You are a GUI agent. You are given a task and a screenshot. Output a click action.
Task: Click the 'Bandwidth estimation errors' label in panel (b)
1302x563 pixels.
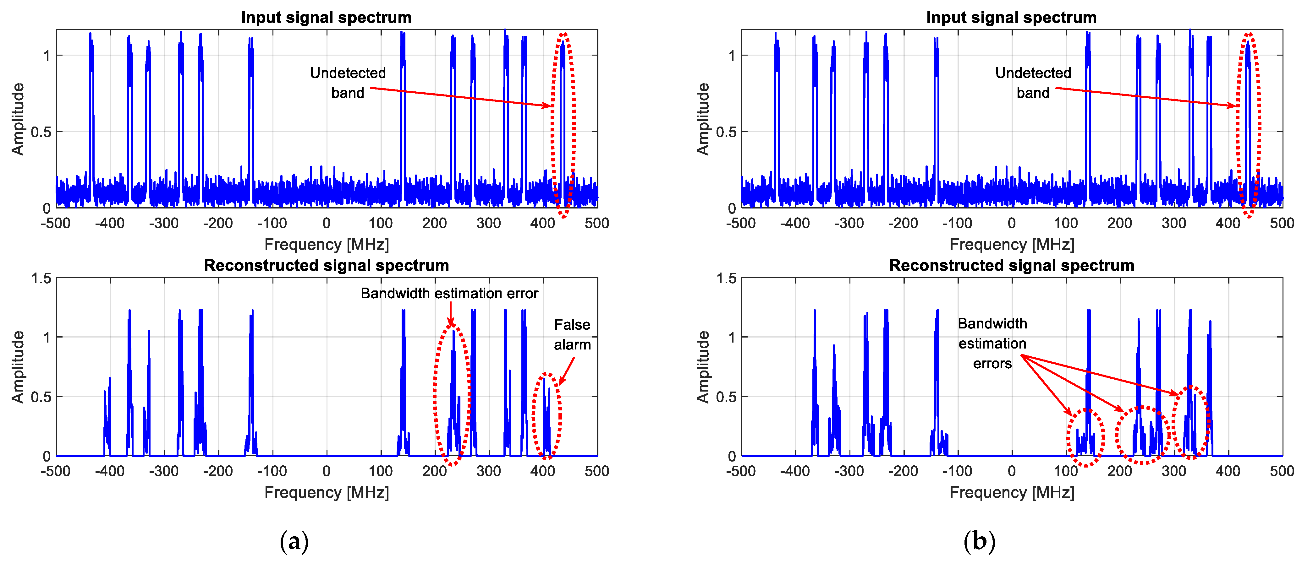tap(992, 343)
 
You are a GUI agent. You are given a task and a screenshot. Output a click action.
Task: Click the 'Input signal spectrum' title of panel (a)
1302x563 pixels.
tap(326, 17)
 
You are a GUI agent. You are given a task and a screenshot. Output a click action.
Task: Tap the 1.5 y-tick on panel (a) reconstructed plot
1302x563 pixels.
tap(41, 278)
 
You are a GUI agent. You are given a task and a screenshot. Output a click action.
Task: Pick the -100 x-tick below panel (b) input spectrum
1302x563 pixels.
tap(957, 223)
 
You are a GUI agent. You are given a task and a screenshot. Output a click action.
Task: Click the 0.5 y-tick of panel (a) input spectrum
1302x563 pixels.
tap(41, 132)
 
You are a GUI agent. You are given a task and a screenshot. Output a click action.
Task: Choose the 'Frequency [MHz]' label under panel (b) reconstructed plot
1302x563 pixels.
tap(1011, 492)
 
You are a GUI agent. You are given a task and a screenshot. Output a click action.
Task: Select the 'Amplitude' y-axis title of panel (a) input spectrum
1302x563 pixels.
tap(18, 119)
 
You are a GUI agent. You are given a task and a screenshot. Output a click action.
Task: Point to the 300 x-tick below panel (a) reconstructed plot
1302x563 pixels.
tap(488, 471)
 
